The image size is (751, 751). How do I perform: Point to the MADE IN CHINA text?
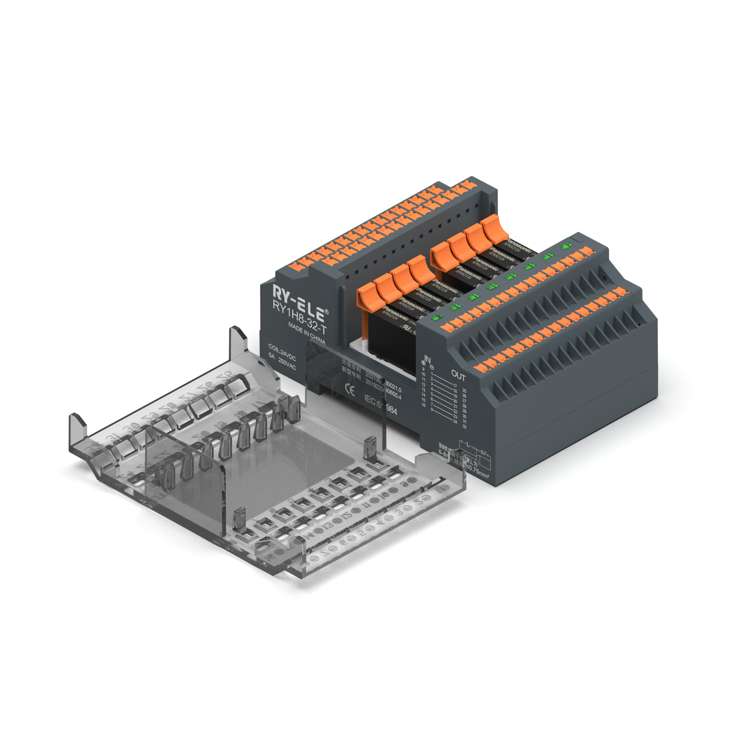pyautogui.click(x=307, y=333)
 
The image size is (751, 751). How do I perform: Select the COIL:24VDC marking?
pyautogui.click(x=282, y=352)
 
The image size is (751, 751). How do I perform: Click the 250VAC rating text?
pyautogui.click(x=287, y=363)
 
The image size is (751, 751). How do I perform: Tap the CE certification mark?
pyautogui.click(x=349, y=390)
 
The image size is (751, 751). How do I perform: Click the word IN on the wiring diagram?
pyautogui.click(x=427, y=359)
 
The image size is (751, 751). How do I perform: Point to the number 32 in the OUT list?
pyautogui.click(x=465, y=427)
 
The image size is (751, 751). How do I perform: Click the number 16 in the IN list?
pyautogui.click(x=423, y=405)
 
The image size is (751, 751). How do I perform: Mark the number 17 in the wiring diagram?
pyautogui.click(x=455, y=386)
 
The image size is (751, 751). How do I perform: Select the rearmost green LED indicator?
pyautogui.click(x=566, y=246)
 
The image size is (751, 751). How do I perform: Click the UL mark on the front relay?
pyautogui.click(x=407, y=328)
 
